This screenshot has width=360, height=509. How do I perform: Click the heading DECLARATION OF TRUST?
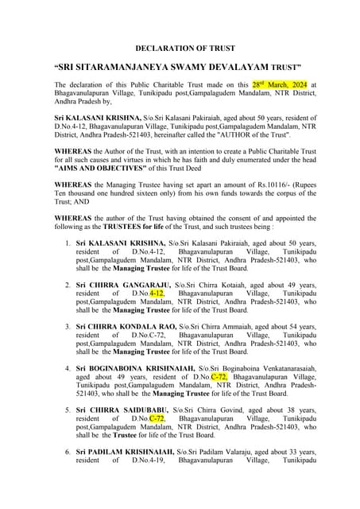[180, 49]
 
